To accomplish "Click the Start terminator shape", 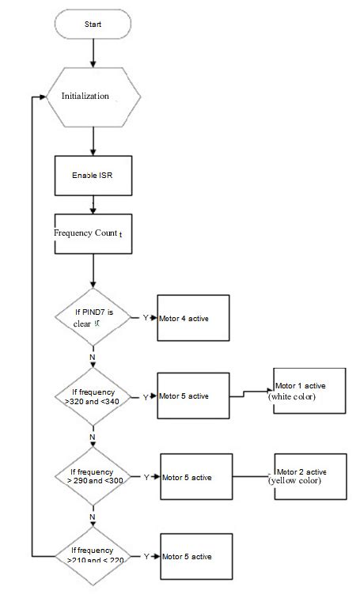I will click(x=93, y=25).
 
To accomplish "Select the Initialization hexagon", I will click(x=93, y=95).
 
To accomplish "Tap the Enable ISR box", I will click(x=93, y=174).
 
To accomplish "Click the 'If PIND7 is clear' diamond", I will click(x=93, y=317).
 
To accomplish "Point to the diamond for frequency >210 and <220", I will click(x=93, y=555).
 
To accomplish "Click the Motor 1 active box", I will click(x=309, y=390).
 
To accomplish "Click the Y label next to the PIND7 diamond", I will click(x=146, y=318).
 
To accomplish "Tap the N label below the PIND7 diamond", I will click(x=93, y=356).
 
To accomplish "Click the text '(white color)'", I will click(x=292, y=396).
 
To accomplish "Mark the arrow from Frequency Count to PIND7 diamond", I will click(x=93, y=272).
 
